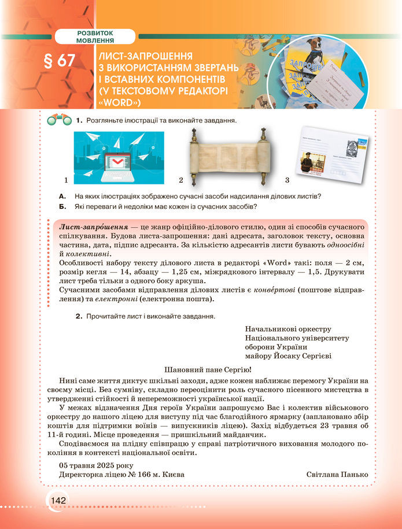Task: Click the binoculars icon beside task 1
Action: coord(60,120)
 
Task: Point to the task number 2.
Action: coord(78,317)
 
